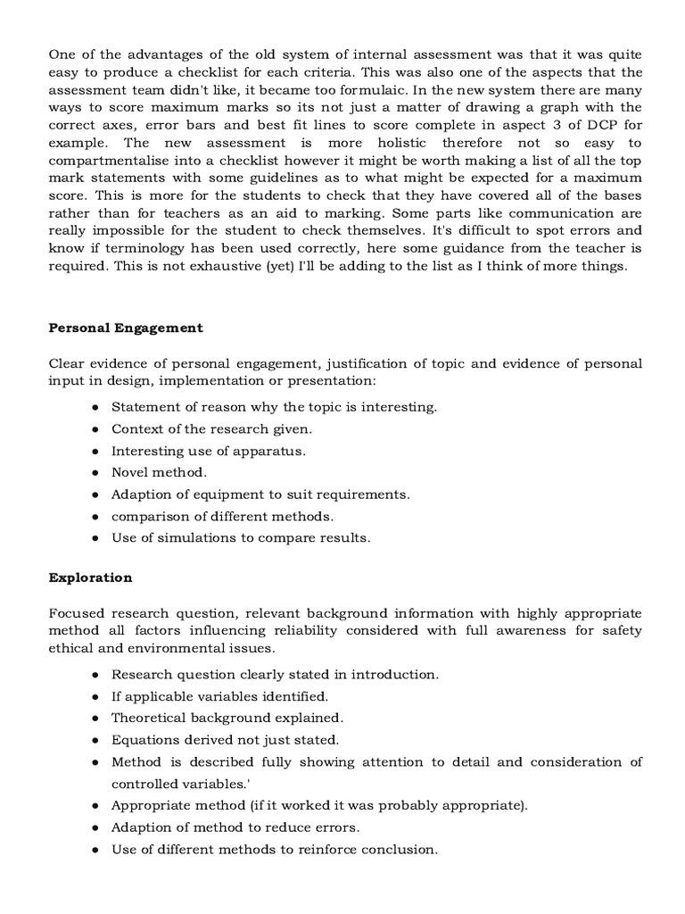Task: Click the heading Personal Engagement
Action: click(x=126, y=328)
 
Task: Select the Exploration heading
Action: click(x=90, y=577)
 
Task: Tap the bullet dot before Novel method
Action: click(x=95, y=473)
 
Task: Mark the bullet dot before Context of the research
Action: click(x=95, y=429)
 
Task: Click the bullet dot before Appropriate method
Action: click(x=95, y=806)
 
